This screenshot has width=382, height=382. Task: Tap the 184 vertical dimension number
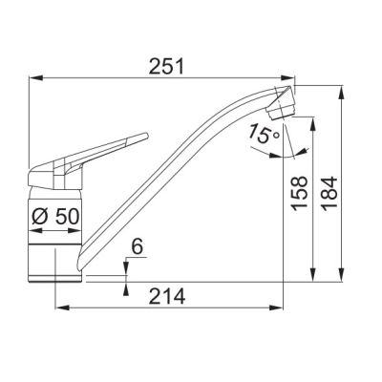point(329,196)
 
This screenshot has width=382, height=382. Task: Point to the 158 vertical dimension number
point(301,196)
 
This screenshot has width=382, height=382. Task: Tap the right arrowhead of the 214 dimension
point(279,308)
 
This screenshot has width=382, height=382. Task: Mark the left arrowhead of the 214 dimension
point(60,308)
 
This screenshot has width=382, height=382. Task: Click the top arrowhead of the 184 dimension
point(342,89)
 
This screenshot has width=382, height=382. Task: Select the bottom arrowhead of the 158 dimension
point(313,278)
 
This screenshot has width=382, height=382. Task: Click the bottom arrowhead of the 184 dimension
point(342,278)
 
